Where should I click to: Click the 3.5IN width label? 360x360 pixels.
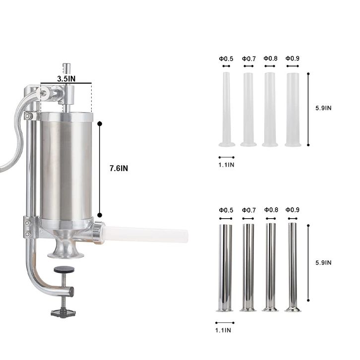point(66,79)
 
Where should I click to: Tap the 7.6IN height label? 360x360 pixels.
point(119,168)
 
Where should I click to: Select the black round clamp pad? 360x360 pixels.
point(64,270)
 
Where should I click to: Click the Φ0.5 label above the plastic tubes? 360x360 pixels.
point(226,59)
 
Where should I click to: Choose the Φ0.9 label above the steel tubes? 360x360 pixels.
point(293,210)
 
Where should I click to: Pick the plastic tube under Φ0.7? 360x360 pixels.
point(248,109)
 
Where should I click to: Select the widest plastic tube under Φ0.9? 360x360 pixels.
point(293,110)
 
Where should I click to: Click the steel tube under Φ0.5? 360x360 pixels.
point(225,268)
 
